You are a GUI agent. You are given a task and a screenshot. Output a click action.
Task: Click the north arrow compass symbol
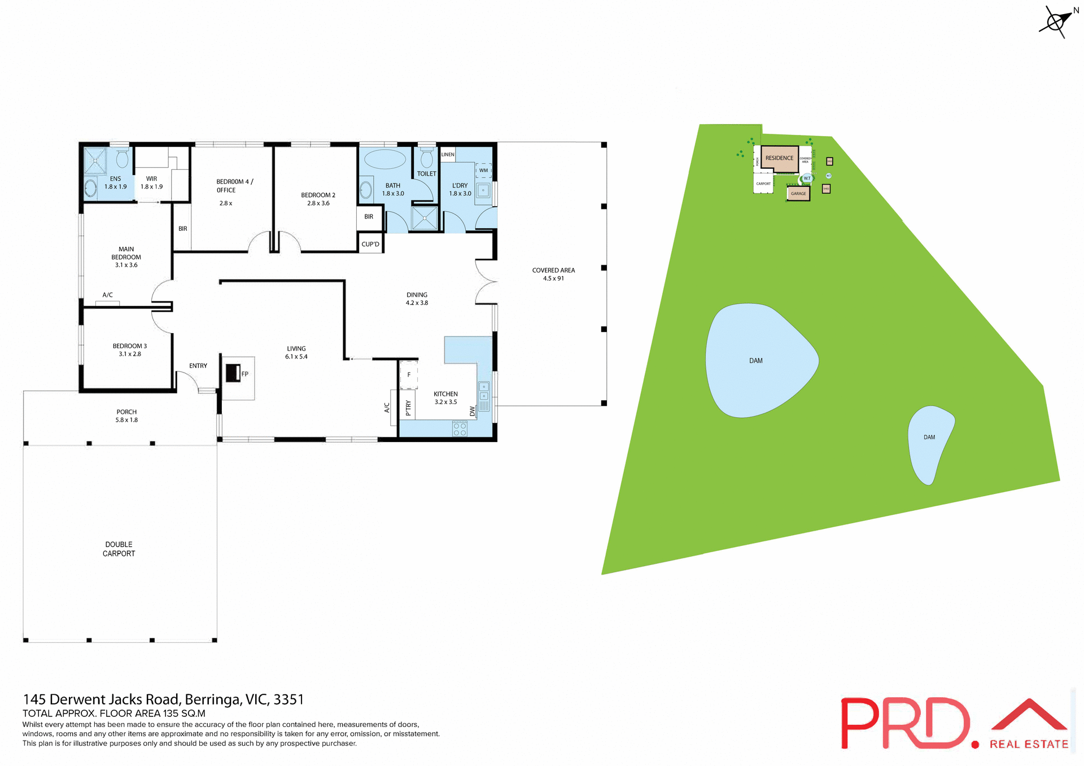[x=1055, y=22]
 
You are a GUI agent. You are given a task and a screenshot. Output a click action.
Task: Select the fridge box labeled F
[x=409, y=375]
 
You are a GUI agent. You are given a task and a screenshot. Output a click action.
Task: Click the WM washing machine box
[x=483, y=170]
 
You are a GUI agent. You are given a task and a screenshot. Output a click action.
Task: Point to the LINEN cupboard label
[x=448, y=154]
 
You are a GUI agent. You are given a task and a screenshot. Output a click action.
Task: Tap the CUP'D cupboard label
[x=370, y=244]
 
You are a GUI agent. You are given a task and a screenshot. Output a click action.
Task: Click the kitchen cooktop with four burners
[x=460, y=429]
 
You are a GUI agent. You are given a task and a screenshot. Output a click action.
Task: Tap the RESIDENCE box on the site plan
[x=779, y=158]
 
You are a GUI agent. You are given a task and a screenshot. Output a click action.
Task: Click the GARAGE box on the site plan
[x=798, y=194]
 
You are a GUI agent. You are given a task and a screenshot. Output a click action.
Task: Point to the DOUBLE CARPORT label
[x=119, y=549]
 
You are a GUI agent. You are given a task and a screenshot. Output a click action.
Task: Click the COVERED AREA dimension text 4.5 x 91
[x=553, y=278]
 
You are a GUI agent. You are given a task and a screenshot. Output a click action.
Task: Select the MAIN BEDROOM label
[x=126, y=257]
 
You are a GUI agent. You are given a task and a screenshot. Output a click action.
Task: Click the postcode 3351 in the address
[x=289, y=700]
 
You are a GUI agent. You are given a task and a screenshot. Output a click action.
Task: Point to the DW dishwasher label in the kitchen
[x=473, y=412]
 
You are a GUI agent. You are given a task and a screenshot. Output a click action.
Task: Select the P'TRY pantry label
[x=408, y=408]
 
